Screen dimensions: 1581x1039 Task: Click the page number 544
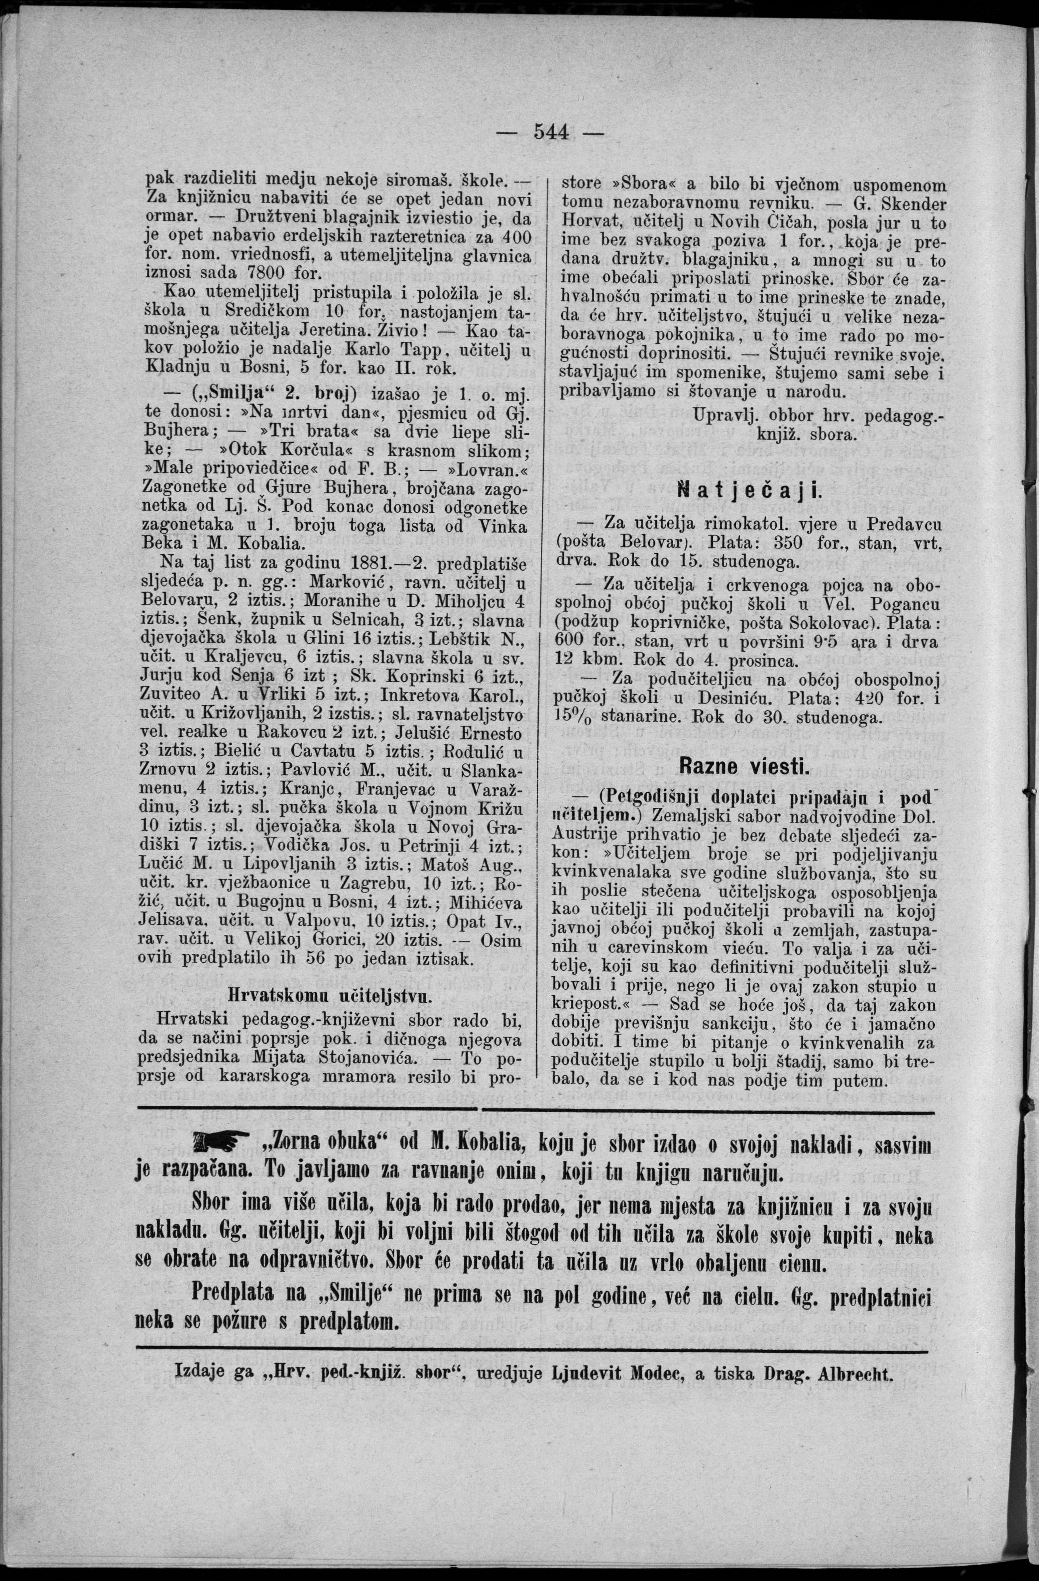pos(552,133)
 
